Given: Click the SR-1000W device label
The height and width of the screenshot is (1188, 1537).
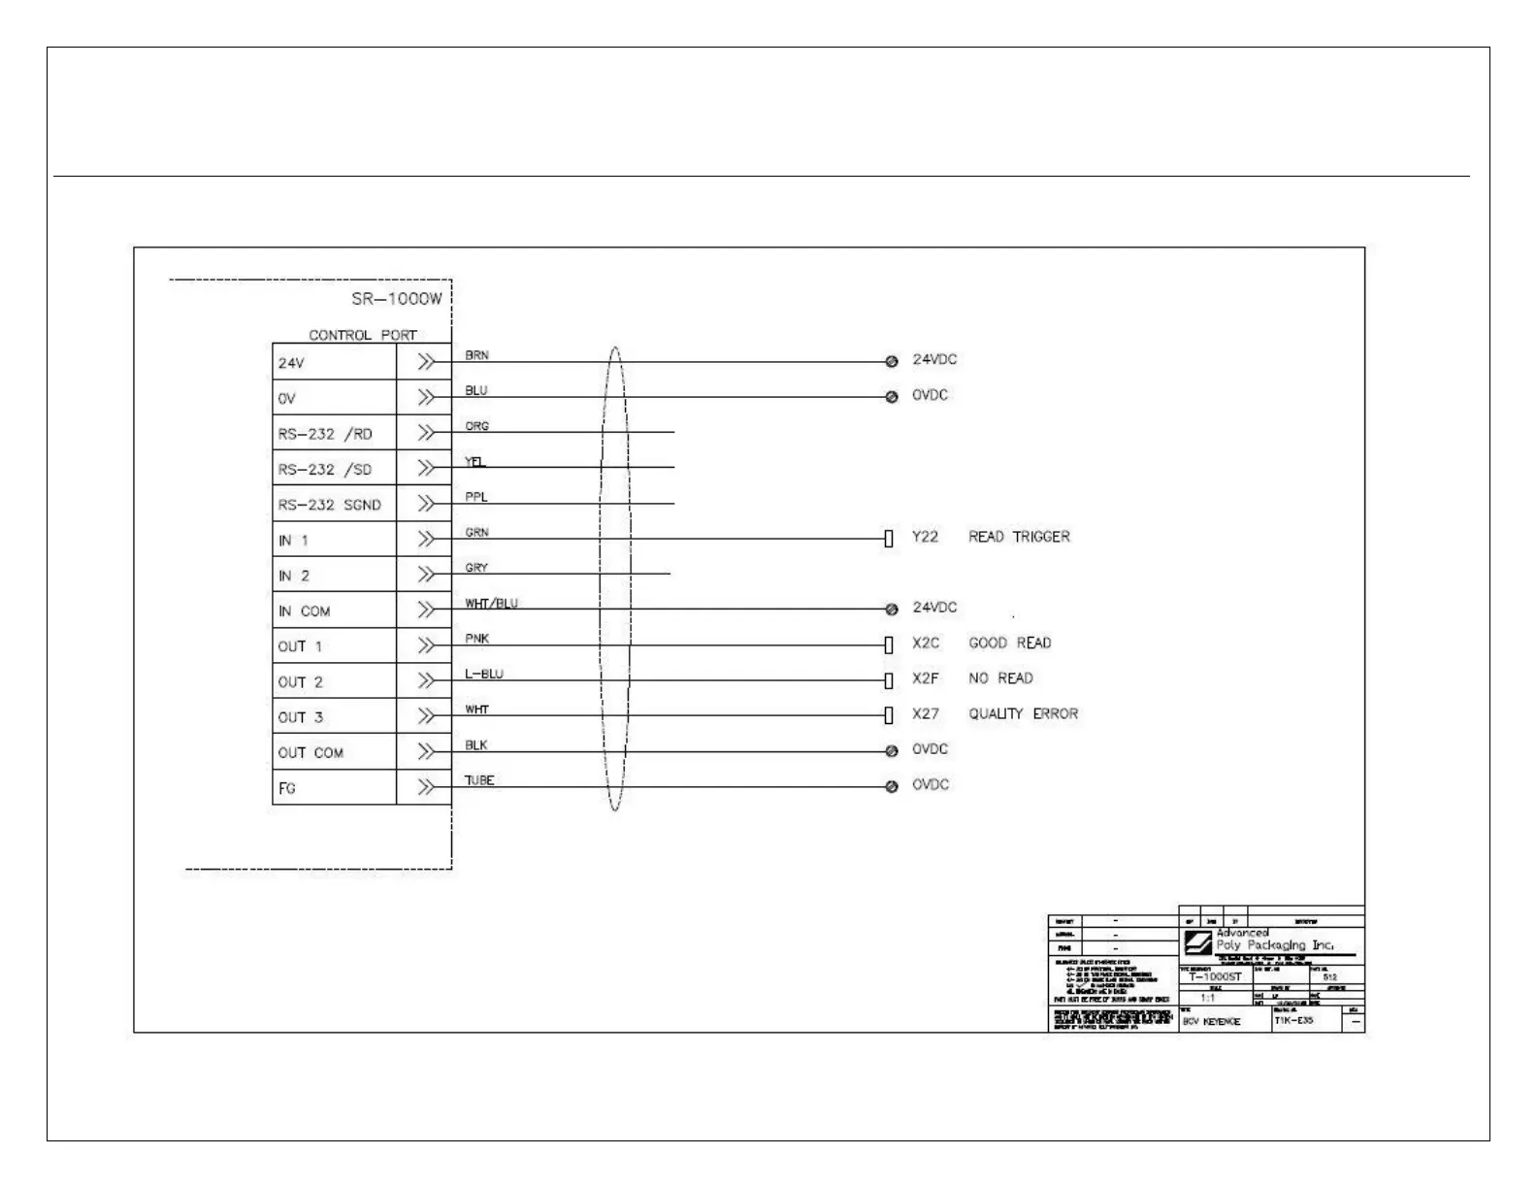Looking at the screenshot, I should (396, 299).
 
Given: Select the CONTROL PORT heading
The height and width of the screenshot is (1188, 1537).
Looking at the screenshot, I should (362, 335).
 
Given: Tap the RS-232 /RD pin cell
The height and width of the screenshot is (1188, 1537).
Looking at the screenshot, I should (325, 434).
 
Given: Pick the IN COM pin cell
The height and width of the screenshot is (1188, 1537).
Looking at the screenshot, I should (305, 611).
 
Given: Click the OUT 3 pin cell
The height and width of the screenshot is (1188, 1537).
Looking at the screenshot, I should (301, 717).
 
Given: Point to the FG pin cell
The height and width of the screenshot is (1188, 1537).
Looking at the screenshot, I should (287, 788).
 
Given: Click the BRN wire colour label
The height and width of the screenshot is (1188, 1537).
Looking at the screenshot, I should (476, 355).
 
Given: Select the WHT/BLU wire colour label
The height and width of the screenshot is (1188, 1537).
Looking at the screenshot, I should (491, 604).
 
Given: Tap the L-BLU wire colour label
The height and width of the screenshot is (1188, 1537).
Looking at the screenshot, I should (484, 674).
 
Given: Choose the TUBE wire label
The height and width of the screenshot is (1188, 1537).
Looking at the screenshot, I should (479, 780).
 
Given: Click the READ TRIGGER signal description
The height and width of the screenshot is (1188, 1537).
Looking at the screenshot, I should (1019, 537).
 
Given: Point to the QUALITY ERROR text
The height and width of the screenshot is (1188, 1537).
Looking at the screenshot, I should (1023, 713).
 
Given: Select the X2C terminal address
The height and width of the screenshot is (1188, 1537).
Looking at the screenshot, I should (926, 643).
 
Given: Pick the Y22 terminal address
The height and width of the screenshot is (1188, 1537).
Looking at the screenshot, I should (925, 537).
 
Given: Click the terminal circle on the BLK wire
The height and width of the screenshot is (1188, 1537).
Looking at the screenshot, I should (892, 751).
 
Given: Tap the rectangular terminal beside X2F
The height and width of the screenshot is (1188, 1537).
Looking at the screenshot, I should (889, 680).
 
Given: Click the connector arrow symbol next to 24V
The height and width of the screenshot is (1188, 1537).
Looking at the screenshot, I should (425, 362).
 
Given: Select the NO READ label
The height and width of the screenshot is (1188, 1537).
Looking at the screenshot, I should (1000, 678).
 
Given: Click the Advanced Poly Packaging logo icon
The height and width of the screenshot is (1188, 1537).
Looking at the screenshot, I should (1197, 942).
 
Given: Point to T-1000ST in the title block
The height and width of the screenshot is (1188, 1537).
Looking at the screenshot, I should (1215, 977).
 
